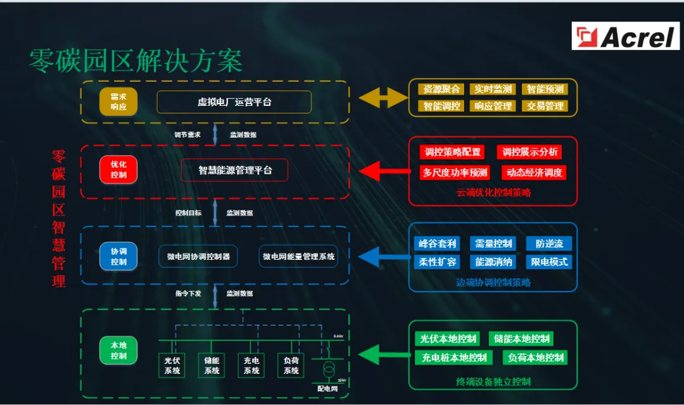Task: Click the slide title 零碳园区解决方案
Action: (x=136, y=61)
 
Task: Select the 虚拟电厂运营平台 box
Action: (x=234, y=102)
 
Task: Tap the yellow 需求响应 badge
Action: (x=118, y=102)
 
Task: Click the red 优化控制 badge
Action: (x=118, y=169)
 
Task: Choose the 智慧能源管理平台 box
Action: (x=234, y=170)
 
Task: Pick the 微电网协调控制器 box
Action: (x=198, y=257)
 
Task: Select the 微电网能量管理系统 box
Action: (x=298, y=257)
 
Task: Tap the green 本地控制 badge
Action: (x=118, y=350)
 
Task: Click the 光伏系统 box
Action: (x=172, y=366)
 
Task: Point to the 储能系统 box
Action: (x=212, y=366)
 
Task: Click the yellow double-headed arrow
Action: (x=383, y=98)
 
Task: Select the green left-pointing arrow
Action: (x=384, y=353)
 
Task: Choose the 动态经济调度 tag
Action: (x=533, y=172)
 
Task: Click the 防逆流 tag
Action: (x=548, y=243)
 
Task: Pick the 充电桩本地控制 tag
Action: (x=454, y=357)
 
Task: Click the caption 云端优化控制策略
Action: (x=493, y=193)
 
